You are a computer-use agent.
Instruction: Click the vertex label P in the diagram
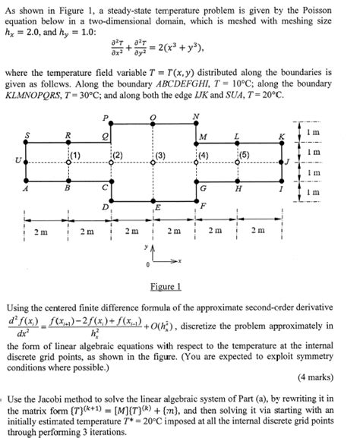106,118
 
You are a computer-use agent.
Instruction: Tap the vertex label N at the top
197,116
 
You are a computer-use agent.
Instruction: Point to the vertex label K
281,135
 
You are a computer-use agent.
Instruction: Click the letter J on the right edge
288,160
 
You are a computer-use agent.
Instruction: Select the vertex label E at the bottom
157,206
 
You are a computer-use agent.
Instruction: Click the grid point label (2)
118,156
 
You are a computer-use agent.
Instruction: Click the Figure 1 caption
165,286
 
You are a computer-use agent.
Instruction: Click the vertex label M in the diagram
202,137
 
